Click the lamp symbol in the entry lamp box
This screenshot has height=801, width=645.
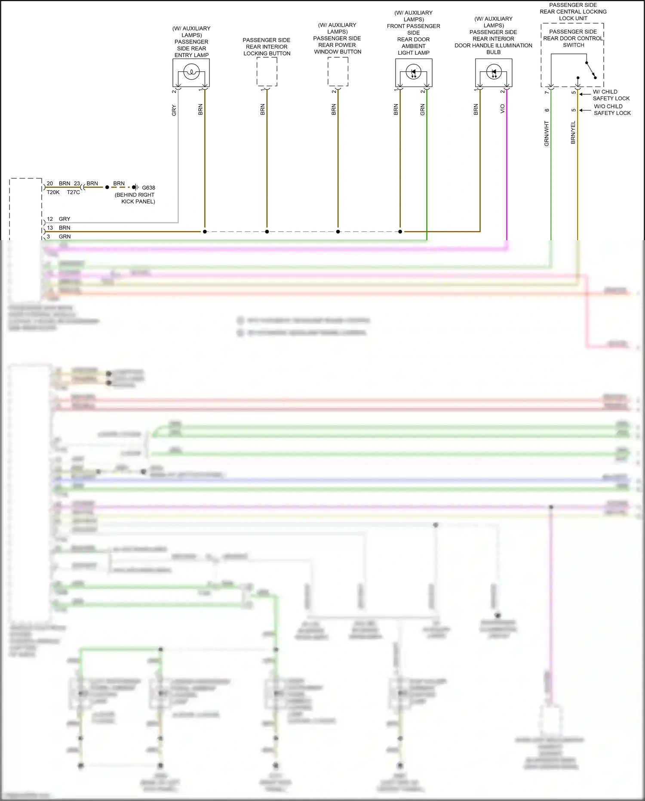click(191, 72)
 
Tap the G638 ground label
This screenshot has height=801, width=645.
click(148, 188)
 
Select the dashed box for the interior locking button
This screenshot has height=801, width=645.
click(267, 72)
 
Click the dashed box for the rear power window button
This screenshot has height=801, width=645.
click(338, 72)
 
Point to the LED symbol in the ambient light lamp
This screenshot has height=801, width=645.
click(414, 72)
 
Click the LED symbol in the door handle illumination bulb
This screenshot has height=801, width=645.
click(494, 72)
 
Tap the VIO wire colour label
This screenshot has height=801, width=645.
click(502, 109)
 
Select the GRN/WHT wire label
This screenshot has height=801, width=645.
click(547, 133)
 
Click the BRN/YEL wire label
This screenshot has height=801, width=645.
click(573, 133)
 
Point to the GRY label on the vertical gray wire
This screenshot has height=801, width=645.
click(174, 110)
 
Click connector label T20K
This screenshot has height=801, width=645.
click(53, 192)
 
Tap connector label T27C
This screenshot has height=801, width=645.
click(74, 192)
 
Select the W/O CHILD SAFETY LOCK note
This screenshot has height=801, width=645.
click(612, 110)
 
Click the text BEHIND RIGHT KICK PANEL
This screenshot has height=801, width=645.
click(135, 198)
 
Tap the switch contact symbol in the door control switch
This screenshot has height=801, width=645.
click(590, 70)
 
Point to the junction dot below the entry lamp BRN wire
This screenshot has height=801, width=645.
click(205, 232)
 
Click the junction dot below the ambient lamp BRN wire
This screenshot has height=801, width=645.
click(400, 232)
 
